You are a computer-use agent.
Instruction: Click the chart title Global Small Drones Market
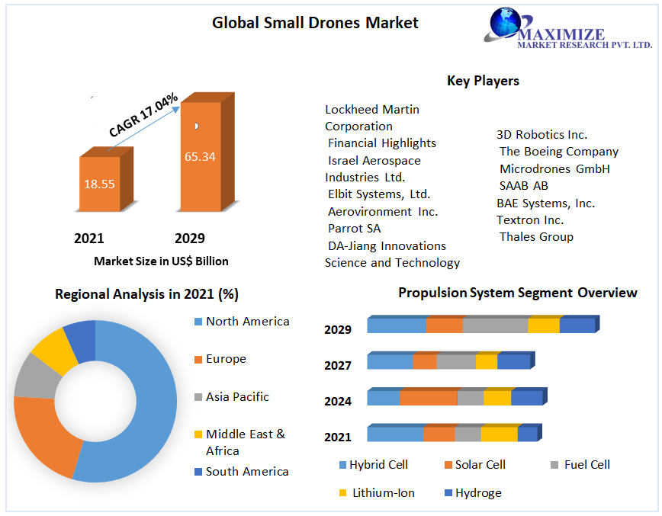[315, 23]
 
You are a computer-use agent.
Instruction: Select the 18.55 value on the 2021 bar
[100, 184]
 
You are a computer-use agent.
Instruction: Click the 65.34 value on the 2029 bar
[200, 157]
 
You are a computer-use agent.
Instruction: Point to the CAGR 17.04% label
[143, 115]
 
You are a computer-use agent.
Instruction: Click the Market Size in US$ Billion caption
[161, 261]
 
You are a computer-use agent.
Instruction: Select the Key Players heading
[483, 80]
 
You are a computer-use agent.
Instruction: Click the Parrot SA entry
[354, 229]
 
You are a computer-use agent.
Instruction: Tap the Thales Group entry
[536, 237]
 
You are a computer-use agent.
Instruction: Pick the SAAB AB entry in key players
[523, 186]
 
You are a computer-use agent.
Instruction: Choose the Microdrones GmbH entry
[554, 169]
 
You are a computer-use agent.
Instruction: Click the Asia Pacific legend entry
[237, 397]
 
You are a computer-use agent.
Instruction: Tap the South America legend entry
[247, 472]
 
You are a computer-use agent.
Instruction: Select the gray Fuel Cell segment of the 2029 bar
[495, 325]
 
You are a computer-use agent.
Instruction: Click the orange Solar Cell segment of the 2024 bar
[428, 398]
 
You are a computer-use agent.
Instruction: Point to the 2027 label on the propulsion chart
[338, 365]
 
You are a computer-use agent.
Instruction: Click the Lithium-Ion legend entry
[383, 493]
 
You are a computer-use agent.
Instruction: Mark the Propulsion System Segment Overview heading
[517, 293]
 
